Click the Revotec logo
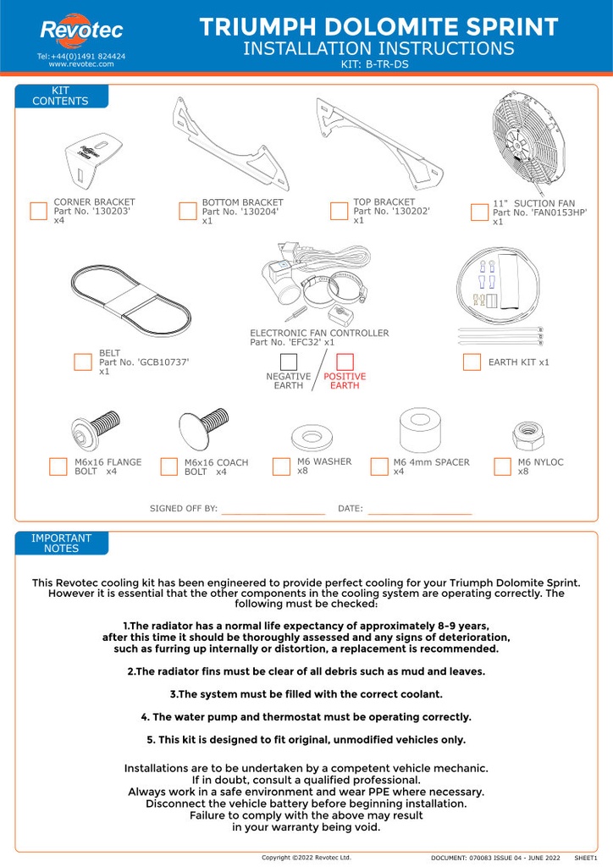(x=80, y=31)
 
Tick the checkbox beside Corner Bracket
(x=38, y=212)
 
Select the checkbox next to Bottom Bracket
(x=188, y=212)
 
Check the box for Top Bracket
(x=339, y=211)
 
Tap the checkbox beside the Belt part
(x=82, y=362)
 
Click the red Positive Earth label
(x=344, y=381)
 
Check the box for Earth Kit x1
(x=472, y=362)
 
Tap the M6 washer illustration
(x=312, y=439)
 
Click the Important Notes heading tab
(x=61, y=543)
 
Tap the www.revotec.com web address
(x=80, y=64)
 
